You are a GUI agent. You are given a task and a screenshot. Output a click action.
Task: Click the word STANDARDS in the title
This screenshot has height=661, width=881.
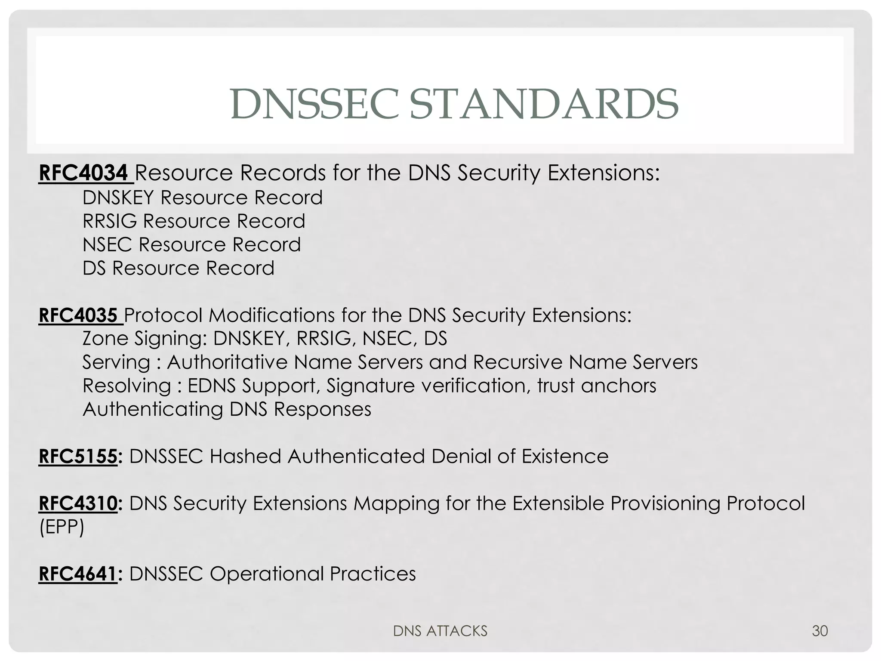[544, 105]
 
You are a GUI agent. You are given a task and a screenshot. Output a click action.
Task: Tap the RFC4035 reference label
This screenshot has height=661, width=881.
[78, 315]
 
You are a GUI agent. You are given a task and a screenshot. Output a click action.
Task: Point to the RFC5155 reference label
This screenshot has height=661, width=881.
[78, 456]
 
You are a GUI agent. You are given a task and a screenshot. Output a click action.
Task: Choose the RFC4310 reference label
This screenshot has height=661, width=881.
[78, 503]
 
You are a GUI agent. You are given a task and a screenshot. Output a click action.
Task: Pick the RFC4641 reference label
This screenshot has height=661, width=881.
[78, 574]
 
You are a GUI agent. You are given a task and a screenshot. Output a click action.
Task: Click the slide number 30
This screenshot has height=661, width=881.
[819, 631]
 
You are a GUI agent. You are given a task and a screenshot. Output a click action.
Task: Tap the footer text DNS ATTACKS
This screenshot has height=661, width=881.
[440, 631]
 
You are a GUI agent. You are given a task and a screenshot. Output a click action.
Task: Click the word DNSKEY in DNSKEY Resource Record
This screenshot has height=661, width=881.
[118, 198]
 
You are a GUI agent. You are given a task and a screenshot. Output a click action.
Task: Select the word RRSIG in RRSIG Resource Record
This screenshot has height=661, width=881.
[110, 221]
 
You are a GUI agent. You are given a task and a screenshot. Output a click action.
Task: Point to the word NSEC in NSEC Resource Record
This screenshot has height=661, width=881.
[107, 245]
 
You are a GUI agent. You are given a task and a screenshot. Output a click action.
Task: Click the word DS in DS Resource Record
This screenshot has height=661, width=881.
[94, 269]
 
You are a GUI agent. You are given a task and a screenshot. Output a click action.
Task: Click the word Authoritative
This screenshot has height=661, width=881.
[227, 362]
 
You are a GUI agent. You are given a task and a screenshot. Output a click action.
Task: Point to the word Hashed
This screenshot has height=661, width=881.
[245, 456]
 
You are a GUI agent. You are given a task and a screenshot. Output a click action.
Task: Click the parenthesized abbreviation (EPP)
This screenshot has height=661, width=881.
[62, 527]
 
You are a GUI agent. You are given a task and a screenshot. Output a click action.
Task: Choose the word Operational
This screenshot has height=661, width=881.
[266, 574]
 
